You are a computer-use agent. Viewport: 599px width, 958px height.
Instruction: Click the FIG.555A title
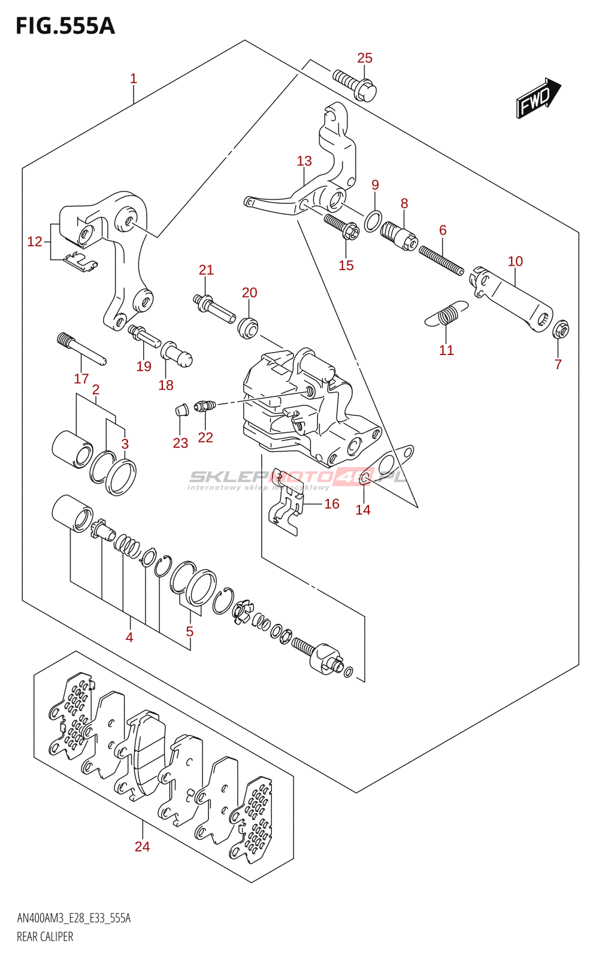(65, 26)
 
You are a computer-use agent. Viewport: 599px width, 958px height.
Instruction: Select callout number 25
(365, 58)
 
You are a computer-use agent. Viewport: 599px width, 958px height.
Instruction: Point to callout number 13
(304, 161)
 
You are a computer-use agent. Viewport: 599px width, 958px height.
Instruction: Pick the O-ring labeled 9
(372, 221)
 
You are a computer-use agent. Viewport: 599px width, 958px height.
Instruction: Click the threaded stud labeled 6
(441, 261)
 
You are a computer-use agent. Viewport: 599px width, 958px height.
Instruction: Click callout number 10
(515, 262)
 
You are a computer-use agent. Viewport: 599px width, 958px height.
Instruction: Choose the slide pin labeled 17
(82, 349)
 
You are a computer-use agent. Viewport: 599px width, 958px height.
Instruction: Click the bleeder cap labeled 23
(181, 410)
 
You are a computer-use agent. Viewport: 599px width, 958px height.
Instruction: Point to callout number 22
(205, 438)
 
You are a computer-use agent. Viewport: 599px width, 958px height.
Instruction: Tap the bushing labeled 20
(248, 327)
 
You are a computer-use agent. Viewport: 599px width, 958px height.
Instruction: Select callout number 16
(332, 504)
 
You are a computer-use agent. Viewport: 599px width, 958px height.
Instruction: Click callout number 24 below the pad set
(142, 847)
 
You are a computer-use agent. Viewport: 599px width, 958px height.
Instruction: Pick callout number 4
(129, 638)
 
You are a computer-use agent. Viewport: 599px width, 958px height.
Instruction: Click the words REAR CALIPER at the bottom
(45, 937)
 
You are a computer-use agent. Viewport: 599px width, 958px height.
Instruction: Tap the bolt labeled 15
(342, 228)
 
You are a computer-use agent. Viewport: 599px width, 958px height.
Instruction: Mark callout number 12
(35, 242)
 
